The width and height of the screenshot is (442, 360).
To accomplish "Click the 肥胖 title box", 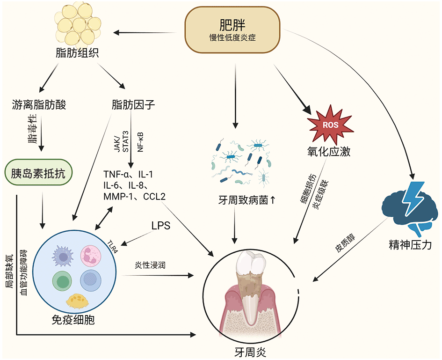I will (232, 29).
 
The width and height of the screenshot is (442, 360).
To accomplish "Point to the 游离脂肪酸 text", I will (39, 104).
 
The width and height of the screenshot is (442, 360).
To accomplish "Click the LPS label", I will (160, 225).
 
